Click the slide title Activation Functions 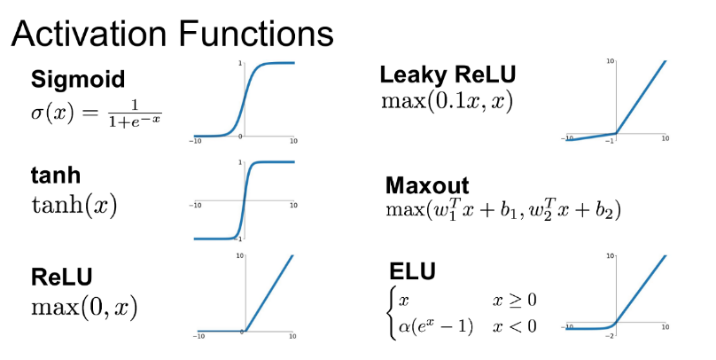[x=172, y=35]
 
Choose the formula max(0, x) [x=83, y=308]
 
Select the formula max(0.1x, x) [x=447, y=100]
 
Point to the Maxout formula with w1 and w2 [x=502, y=210]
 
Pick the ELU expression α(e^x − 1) [x=436, y=325]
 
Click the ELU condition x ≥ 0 [x=515, y=300]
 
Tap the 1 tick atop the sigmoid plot [x=239, y=64]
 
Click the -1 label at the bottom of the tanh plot [x=237, y=239]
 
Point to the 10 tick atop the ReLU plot [x=239, y=256]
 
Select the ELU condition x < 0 [x=515, y=325]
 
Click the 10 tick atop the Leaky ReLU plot [x=611, y=60]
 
